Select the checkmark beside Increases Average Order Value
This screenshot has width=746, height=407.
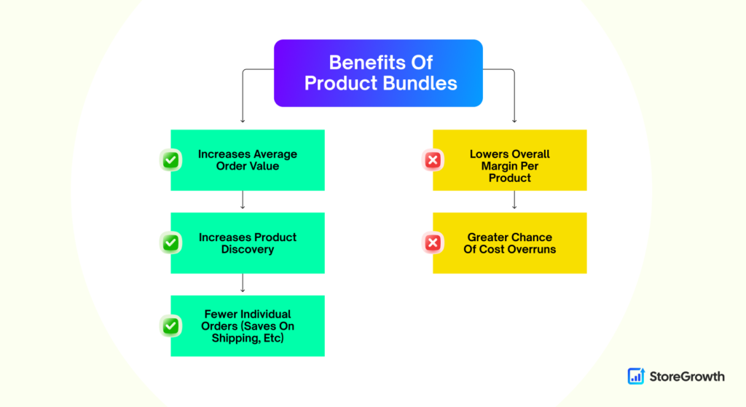click(x=170, y=160)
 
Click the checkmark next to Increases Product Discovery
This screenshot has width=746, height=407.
click(x=170, y=243)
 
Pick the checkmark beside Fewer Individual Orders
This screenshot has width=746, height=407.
click(x=170, y=326)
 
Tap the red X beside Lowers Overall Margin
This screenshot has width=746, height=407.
click(x=433, y=160)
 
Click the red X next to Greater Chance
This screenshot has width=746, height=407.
click(x=433, y=243)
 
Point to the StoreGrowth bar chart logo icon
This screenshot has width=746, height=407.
click(x=636, y=376)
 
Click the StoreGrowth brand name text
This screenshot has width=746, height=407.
click(x=687, y=376)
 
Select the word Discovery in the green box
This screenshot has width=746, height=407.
click(x=248, y=249)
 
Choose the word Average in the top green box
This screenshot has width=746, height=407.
click(x=275, y=154)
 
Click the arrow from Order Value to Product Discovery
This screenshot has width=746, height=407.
click(x=243, y=199)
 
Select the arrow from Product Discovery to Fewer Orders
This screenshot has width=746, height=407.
click(x=243, y=283)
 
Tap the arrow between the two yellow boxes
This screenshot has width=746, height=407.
click(x=514, y=199)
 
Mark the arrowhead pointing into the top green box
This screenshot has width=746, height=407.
click(x=243, y=121)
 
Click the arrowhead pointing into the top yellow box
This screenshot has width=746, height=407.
click(x=514, y=121)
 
